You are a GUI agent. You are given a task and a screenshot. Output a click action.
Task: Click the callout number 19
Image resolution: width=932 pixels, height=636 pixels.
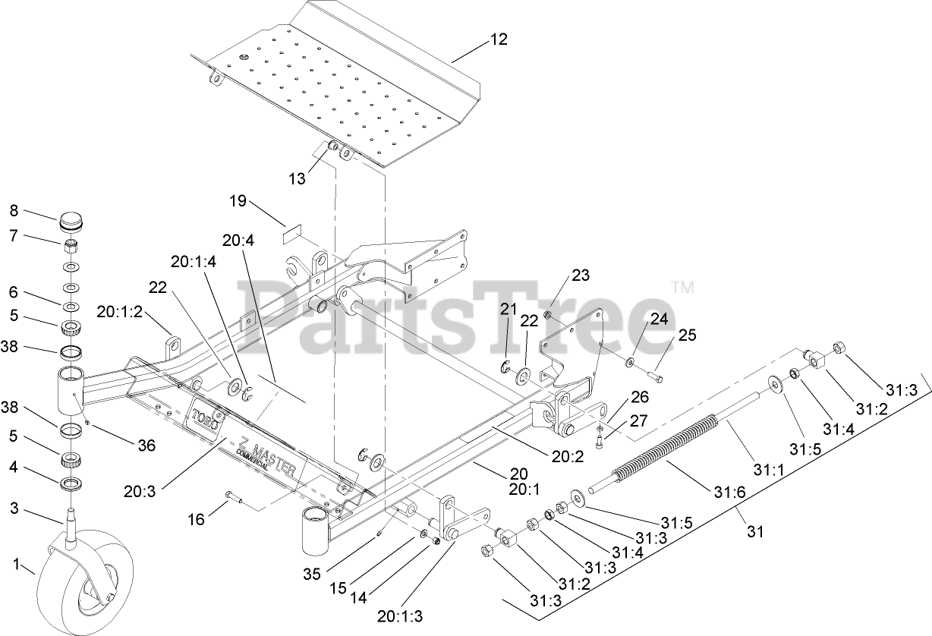point(238,201)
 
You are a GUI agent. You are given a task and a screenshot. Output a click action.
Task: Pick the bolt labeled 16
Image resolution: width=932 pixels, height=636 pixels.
point(234,498)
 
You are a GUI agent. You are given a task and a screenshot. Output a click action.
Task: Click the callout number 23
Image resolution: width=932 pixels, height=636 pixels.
point(581,275)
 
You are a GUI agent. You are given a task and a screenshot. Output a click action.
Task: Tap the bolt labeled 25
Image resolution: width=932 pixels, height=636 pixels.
point(654,374)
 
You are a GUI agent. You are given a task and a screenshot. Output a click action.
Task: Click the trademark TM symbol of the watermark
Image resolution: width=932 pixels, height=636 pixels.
point(683,287)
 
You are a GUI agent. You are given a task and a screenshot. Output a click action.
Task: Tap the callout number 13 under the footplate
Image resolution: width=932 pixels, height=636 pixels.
point(298,178)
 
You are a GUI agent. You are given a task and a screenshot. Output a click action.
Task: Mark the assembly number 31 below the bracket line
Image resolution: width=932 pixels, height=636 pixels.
point(754,532)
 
